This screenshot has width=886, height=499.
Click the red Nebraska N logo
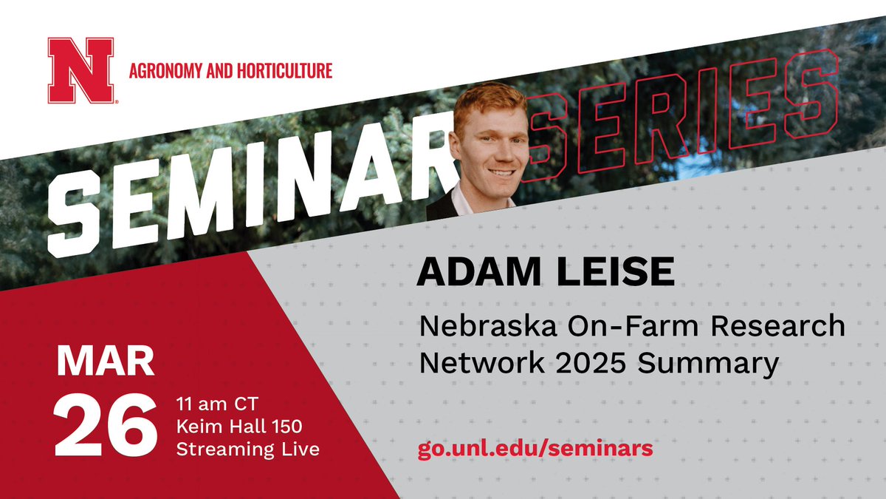click(x=80, y=70)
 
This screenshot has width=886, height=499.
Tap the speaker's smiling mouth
click(x=501, y=173)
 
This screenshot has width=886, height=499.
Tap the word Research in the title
click(x=783, y=325)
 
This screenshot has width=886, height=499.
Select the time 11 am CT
click(x=213, y=404)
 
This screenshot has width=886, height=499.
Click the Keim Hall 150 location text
click(x=235, y=427)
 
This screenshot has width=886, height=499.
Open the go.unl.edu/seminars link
click(x=535, y=449)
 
